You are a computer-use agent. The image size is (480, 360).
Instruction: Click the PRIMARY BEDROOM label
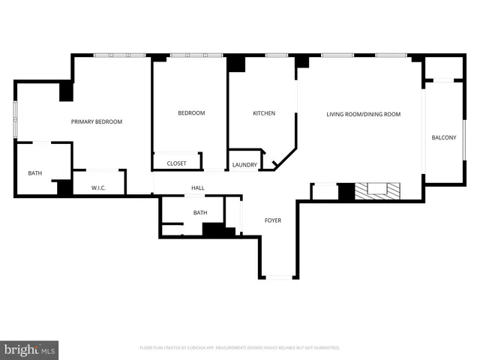tap(97, 121)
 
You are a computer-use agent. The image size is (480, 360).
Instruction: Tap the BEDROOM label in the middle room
tap(191, 113)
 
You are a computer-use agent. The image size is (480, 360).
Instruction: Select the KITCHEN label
tap(263, 113)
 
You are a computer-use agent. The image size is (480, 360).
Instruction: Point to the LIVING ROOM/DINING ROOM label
tap(363, 114)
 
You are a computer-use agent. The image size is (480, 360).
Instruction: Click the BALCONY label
tap(443, 137)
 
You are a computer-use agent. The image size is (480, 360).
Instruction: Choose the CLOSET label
tap(177, 163)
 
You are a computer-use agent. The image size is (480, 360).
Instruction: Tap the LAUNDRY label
tap(244, 165)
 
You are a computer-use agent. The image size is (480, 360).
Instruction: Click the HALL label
tap(198, 187)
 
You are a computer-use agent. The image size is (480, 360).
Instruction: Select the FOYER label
tap(273, 220)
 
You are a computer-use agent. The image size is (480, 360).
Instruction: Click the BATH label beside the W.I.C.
tap(35, 173)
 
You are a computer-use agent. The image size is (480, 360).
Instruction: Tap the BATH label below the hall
tap(200, 213)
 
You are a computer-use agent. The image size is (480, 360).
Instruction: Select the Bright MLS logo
tap(30, 349)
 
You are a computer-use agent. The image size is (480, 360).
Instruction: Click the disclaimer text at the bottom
tap(240, 348)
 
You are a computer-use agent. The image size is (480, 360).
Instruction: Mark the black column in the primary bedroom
tap(66, 91)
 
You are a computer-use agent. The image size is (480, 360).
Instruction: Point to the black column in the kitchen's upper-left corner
tap(236, 64)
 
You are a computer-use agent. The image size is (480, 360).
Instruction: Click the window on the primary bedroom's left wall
tap(16, 121)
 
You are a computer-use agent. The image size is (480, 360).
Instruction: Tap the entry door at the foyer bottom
tap(279, 277)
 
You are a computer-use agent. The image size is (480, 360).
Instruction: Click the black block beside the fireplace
tap(346, 192)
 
